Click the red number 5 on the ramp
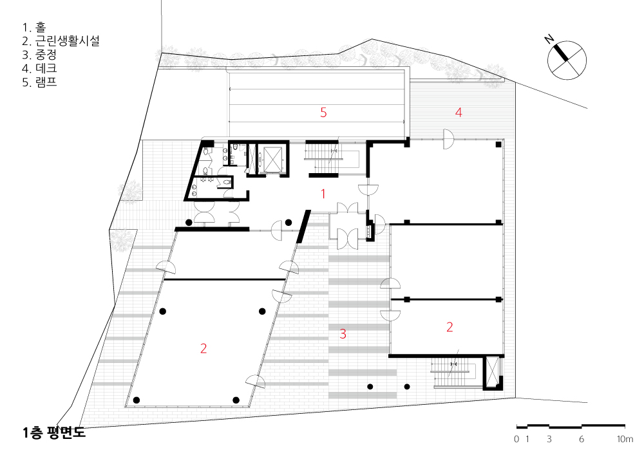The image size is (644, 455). [323, 113]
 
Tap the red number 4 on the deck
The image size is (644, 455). [459, 113]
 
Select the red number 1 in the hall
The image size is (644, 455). [323, 194]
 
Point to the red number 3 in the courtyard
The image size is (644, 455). [343, 334]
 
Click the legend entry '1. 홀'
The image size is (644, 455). [34, 28]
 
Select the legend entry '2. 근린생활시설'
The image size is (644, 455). [61, 41]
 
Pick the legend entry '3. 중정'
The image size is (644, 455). [39, 55]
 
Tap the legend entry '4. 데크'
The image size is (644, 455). [39, 68]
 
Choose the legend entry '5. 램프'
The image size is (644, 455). [39, 82]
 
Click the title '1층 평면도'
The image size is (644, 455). [54, 433]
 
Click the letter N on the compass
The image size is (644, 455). [549, 39]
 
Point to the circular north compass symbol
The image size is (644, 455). [567, 60]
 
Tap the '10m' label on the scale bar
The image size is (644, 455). [625, 439]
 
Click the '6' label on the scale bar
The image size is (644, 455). [581, 439]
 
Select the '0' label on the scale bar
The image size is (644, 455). [516, 439]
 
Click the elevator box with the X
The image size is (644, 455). [274, 158]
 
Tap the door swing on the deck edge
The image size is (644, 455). [448, 139]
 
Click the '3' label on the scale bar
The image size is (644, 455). [549, 439]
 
